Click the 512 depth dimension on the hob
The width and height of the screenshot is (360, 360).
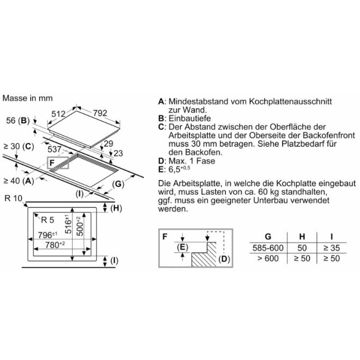point(58,114)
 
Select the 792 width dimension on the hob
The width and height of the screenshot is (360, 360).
point(100,113)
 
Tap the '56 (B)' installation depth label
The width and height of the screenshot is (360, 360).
point(18,120)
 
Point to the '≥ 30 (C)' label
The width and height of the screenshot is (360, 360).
point(19,146)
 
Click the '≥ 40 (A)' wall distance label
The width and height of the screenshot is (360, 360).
point(19,181)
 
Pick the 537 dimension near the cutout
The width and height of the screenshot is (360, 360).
point(55,149)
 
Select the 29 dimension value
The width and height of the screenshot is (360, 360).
point(109,143)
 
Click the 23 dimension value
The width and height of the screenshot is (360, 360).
point(118,153)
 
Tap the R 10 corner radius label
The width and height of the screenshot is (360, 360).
point(13,198)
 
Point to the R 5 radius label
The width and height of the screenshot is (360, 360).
point(48,220)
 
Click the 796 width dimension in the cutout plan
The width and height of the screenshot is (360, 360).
point(48,235)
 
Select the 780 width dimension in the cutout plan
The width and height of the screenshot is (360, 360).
point(55,245)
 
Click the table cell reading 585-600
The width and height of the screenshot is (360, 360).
point(268,248)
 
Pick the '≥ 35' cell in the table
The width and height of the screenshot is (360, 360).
point(331,248)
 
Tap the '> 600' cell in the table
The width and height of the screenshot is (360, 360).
point(268,258)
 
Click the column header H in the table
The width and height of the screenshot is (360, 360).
point(302,237)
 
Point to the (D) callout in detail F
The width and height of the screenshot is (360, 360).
point(224,259)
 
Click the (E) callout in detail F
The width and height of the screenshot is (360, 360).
point(183,247)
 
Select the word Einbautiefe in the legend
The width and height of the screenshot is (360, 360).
point(190,119)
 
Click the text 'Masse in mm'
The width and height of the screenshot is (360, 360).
point(28,98)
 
